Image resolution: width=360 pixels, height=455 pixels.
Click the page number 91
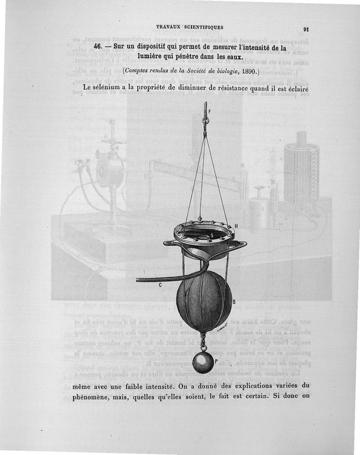[306, 30]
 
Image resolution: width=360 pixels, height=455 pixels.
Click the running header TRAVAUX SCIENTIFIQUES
[189, 27]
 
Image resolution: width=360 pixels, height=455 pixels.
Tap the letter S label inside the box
[211, 235]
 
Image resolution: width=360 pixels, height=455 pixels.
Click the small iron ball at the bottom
[203, 362]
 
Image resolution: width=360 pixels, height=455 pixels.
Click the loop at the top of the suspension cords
[205, 121]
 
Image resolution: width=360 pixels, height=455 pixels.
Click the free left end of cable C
[138, 280]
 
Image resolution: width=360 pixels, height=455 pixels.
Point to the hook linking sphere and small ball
[203, 342]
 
